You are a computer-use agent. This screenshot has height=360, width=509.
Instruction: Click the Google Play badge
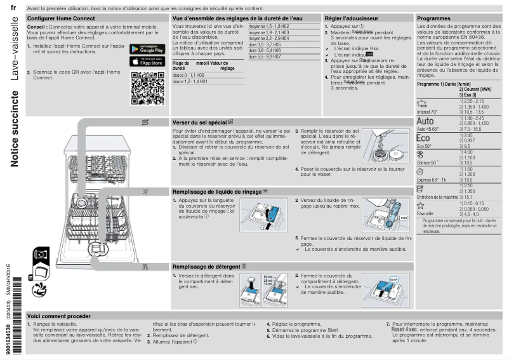(148, 49)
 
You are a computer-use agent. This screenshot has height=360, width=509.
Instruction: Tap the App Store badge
(148, 61)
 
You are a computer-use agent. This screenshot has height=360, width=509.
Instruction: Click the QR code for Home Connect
(147, 88)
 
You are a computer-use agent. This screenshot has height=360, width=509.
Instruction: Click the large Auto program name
(425, 121)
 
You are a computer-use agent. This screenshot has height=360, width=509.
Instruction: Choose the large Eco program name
(423, 138)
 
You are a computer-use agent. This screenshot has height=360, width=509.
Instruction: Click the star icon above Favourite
(420, 206)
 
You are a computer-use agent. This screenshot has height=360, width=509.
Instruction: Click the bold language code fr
(14, 8)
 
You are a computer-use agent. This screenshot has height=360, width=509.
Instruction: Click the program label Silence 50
(427, 163)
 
